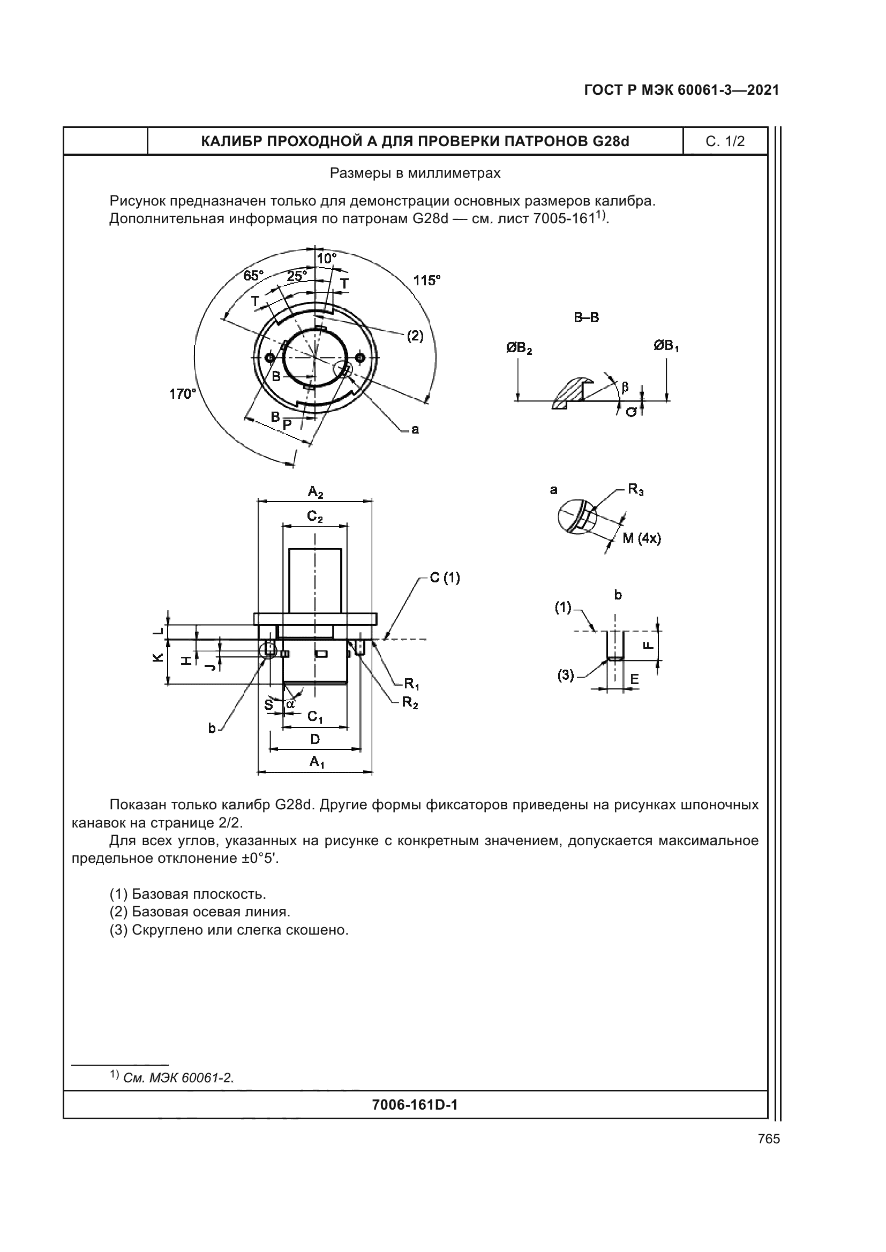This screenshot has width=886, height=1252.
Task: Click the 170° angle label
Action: (182, 394)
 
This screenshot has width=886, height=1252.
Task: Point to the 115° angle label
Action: (426, 281)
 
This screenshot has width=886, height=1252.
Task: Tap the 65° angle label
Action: (253, 276)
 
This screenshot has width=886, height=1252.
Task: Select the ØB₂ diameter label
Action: (519, 348)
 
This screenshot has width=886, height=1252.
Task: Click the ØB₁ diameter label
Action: (666, 346)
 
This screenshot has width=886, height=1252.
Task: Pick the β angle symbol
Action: (625, 387)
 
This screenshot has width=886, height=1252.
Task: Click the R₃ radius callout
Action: (636, 489)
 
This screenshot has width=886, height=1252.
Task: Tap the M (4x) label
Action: (642, 538)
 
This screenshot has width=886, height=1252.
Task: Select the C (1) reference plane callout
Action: (445, 578)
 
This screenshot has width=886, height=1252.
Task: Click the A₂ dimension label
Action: (316, 492)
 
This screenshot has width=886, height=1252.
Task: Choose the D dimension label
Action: (315, 739)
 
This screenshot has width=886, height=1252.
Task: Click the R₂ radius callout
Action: (410, 703)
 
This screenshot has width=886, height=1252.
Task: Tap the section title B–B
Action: (586, 318)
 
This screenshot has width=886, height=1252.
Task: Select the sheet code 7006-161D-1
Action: (415, 1105)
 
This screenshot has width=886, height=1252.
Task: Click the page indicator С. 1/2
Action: (725, 142)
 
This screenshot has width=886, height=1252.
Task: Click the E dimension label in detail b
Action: (634, 679)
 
